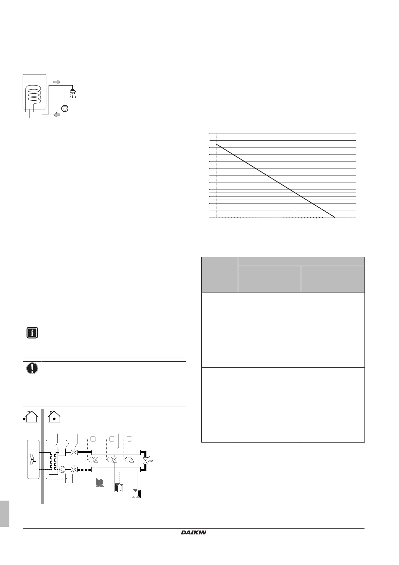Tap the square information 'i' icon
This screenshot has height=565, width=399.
coord(32,333)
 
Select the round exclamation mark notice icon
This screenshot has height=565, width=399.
coord(32,368)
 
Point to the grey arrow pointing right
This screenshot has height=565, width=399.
coord(57,82)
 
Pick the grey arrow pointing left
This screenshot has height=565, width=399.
coord(57,115)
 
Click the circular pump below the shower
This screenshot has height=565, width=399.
coord(65,108)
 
